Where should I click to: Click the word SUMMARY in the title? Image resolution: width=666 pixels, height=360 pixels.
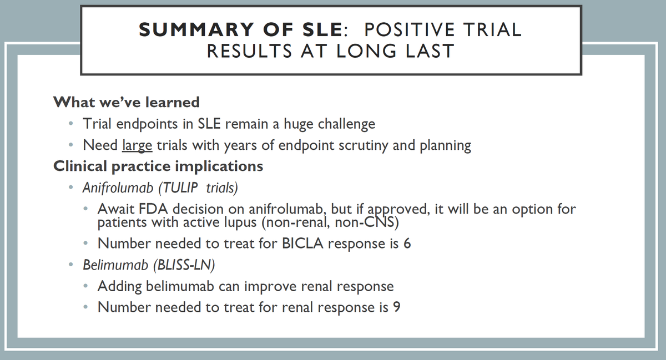click(196, 30)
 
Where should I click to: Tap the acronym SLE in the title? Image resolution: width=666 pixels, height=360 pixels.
click(322, 30)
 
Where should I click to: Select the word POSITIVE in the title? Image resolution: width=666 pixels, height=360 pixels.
click(410, 30)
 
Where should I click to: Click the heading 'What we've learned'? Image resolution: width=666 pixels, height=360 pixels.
click(127, 102)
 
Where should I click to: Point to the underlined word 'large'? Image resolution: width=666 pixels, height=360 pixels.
click(137, 146)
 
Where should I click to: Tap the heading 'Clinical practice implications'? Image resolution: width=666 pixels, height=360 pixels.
click(158, 166)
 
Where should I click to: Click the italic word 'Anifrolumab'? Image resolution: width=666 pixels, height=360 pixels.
click(118, 187)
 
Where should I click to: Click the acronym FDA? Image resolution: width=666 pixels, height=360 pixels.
click(153, 209)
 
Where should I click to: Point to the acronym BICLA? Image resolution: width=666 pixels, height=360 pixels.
click(302, 244)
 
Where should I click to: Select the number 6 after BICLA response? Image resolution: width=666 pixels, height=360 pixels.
click(407, 244)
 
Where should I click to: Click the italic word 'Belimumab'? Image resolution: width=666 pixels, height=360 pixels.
click(115, 265)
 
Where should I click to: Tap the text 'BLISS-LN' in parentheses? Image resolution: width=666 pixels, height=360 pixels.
click(184, 265)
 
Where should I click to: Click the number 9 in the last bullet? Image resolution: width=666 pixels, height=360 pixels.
click(397, 307)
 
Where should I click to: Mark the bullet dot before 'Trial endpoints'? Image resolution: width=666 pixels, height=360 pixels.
click(70, 123)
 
